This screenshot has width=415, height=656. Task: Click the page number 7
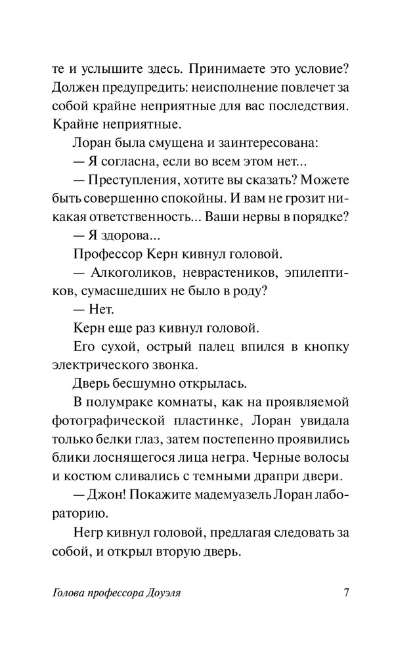point(345,594)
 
